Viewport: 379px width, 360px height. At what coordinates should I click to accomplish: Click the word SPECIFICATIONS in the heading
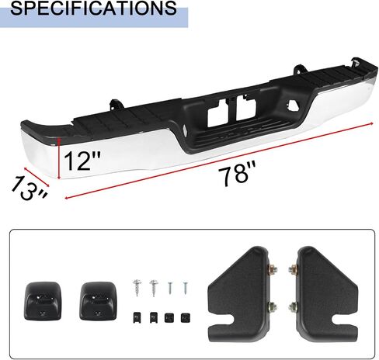93,8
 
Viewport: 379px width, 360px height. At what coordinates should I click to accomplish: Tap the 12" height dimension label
82,161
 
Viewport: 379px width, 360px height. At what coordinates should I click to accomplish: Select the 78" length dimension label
237,173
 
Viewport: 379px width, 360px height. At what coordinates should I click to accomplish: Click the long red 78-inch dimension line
219,161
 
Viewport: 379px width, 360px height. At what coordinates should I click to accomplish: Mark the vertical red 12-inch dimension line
59,158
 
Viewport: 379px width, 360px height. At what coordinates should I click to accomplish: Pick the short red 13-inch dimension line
37,177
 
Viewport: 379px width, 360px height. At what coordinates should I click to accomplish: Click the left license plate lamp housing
43,301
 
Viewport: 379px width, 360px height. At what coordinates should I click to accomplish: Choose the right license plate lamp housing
98,301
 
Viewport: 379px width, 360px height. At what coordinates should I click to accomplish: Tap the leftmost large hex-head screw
137,287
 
